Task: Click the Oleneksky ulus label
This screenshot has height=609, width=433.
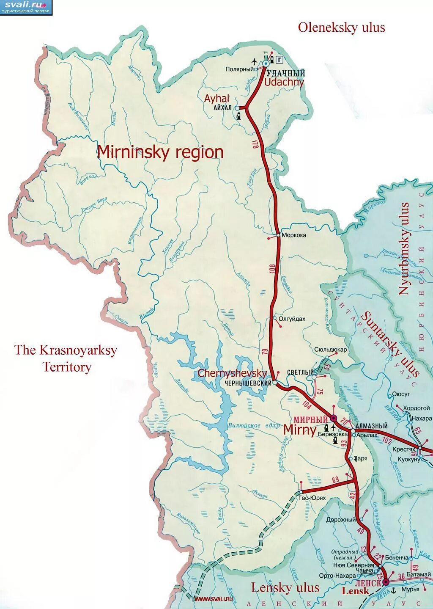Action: [341, 28]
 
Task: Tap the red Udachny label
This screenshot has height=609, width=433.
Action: [284, 82]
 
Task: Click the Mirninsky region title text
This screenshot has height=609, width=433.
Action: [160, 152]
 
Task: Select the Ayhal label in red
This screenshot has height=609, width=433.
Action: [217, 98]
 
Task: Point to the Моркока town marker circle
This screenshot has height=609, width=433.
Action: [278, 235]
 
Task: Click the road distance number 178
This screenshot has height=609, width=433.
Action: [255, 143]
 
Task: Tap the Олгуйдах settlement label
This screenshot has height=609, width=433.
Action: [292, 319]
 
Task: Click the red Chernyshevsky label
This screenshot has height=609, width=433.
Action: [232, 373]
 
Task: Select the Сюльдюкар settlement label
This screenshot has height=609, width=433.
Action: [330, 350]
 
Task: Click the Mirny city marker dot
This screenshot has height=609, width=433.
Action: [333, 418]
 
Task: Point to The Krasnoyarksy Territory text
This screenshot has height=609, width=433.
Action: [66, 358]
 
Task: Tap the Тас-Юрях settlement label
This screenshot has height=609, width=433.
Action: [312, 498]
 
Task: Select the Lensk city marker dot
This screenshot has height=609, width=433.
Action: [386, 583]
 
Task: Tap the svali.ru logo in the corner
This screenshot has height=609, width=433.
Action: [26, 7]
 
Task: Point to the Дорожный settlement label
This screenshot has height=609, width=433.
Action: [341, 519]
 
